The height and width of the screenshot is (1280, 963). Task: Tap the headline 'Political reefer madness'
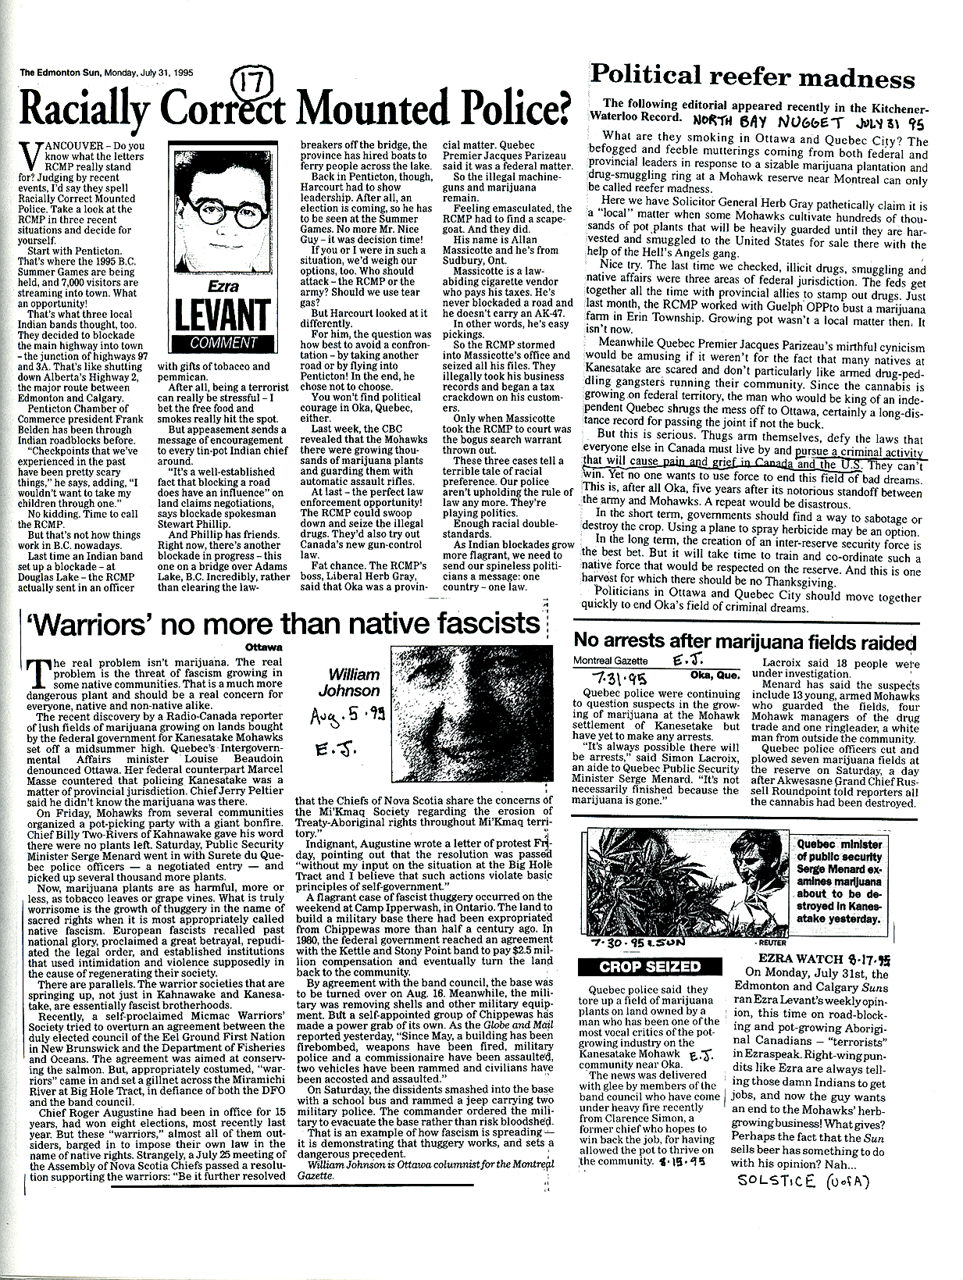click(752, 77)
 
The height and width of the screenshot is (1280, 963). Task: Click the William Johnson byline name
click(353, 682)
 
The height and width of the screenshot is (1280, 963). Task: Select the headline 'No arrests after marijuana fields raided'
click(744, 642)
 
